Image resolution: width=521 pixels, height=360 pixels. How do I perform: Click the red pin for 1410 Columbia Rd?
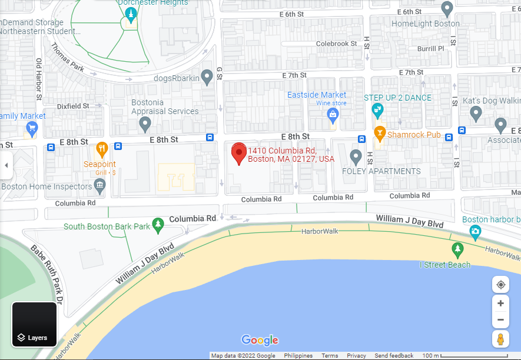pyautogui.click(x=238, y=153)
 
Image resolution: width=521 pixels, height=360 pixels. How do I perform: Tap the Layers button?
pyautogui.click(x=34, y=324)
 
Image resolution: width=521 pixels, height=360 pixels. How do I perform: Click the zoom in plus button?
pyautogui.click(x=500, y=304)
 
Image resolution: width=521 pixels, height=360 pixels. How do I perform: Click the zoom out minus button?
pyautogui.click(x=500, y=320)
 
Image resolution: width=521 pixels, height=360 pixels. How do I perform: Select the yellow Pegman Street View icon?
pyautogui.click(x=500, y=340)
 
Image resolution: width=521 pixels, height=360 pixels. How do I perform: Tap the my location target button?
pyautogui.click(x=500, y=285)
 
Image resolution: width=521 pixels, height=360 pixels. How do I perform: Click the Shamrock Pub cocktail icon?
pyautogui.click(x=380, y=134)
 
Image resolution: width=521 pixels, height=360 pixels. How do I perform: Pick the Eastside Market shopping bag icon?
pyautogui.click(x=333, y=114)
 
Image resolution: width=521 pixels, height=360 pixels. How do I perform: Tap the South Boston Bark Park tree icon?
pyautogui.click(x=157, y=224)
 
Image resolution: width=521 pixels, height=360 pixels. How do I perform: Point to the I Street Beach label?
pyautogui.click(x=445, y=265)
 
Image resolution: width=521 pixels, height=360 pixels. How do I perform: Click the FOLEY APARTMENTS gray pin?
pyautogui.click(x=356, y=156)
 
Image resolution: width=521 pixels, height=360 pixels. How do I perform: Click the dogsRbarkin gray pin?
pyautogui.click(x=207, y=76)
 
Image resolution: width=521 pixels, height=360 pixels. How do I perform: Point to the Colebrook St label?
pyautogui.click(x=336, y=44)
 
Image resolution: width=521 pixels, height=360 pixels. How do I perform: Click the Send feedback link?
pyautogui.click(x=394, y=356)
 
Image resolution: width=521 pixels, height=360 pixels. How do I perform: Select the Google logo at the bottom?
pyautogui.click(x=260, y=340)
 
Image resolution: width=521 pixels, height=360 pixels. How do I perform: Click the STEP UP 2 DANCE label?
pyautogui.click(x=397, y=98)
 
